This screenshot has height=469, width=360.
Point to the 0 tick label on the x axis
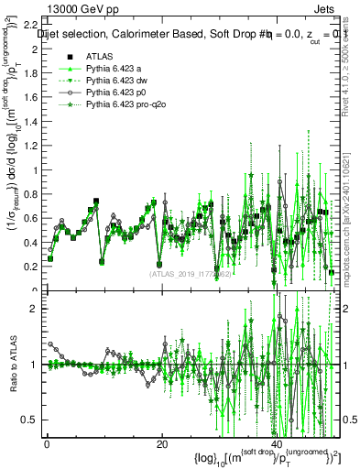[x=46, y=444]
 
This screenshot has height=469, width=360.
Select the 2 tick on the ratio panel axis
[x=33, y=309]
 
